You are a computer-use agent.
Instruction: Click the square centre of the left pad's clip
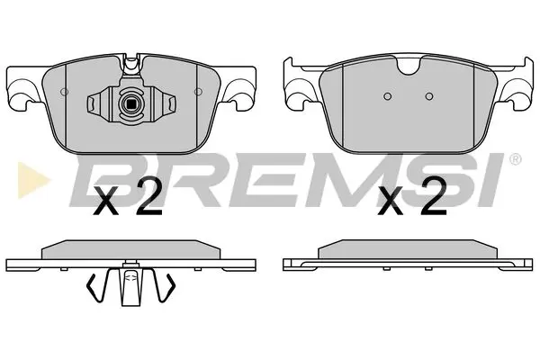(x=131, y=102)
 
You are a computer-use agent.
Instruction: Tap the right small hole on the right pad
(x=428, y=96)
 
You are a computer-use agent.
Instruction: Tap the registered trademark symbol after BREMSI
(x=514, y=160)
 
